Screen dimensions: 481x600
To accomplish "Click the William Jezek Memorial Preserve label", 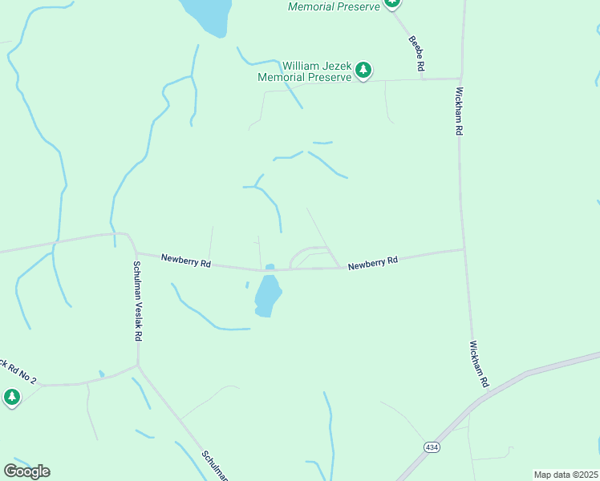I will click(x=305, y=71).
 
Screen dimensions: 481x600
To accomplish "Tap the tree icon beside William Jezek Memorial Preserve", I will click(x=363, y=71).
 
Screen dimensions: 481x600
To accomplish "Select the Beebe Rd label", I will click(x=416, y=54).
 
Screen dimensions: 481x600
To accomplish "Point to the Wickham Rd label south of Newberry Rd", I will click(x=480, y=364).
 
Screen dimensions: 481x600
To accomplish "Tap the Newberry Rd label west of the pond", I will click(x=185, y=261).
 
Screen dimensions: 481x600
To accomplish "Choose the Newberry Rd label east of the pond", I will click(x=373, y=262).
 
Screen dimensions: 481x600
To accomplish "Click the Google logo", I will click(x=26, y=471).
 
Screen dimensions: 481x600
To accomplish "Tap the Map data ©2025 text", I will click(x=566, y=475).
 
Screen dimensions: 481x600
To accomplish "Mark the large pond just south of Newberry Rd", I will click(x=267, y=296).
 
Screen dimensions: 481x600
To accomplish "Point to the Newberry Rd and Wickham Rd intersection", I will click(x=464, y=249).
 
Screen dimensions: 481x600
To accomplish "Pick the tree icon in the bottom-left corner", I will click(x=11, y=397).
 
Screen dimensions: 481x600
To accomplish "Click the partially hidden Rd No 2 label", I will click(x=18, y=370).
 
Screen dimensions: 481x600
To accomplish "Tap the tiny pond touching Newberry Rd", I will click(x=270, y=267).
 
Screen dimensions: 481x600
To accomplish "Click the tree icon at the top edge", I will click(x=391, y=3).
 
